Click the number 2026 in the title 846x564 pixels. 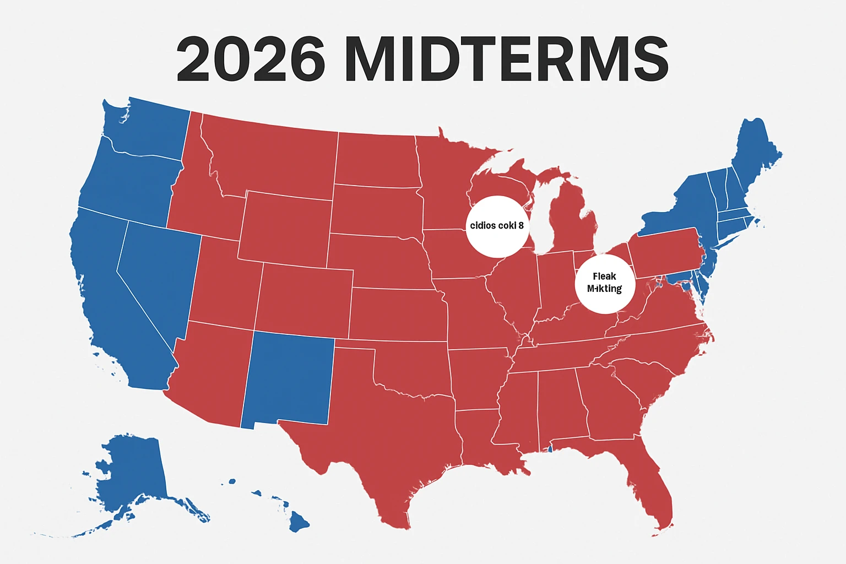click(251, 58)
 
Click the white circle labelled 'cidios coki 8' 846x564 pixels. click(497, 226)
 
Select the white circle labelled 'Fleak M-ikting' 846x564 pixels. click(605, 283)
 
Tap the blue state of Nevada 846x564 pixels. click(157, 275)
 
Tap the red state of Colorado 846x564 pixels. click(303, 300)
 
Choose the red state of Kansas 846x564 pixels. click(397, 314)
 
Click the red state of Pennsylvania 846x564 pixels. click(666, 253)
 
